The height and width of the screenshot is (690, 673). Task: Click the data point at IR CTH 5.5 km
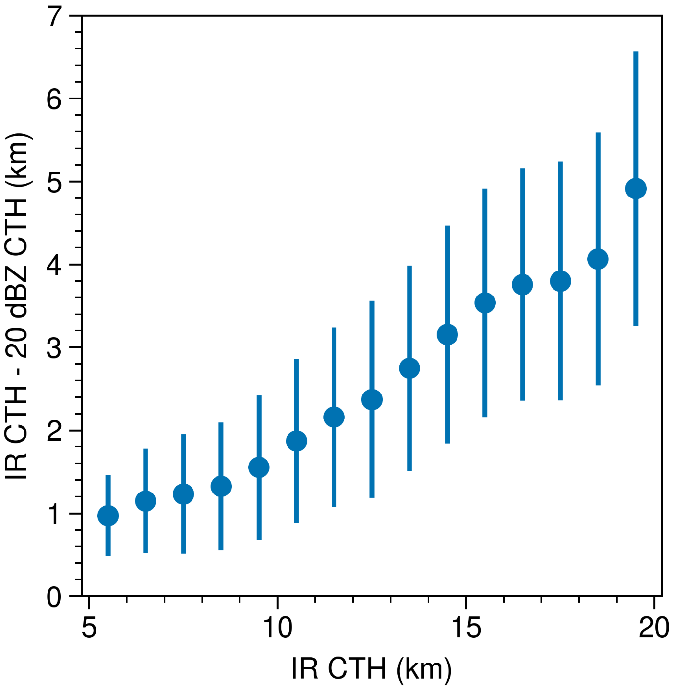tap(108, 516)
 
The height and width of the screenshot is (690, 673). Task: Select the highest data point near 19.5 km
tap(636, 189)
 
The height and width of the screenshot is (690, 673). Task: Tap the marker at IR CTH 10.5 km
tap(296, 441)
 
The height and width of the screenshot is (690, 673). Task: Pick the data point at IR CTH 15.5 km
tap(485, 303)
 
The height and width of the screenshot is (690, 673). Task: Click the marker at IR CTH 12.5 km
tap(372, 400)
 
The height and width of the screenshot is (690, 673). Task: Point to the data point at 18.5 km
tap(598, 259)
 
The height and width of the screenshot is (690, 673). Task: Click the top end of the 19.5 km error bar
tap(636, 52)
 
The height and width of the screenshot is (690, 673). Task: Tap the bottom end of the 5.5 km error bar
tap(108, 555)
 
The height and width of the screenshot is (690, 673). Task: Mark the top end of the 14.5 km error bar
tap(447, 227)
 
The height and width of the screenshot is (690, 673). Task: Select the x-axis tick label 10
tap(277, 627)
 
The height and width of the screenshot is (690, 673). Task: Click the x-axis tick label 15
tap(466, 627)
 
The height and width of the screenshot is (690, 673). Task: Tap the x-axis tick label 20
tap(653, 627)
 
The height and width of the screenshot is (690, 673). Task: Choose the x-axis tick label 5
tap(89, 627)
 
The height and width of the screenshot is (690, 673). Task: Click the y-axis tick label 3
tap(54, 348)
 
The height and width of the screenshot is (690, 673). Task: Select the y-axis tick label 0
tap(54, 597)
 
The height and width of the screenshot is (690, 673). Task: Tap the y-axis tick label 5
tap(54, 182)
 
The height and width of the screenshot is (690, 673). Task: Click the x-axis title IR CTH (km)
tap(371, 668)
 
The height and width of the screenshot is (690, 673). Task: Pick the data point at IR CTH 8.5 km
tap(221, 486)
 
